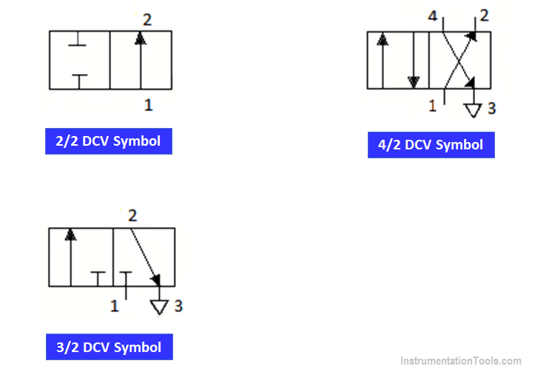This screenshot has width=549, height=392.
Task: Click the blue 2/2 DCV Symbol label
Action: click(x=109, y=141)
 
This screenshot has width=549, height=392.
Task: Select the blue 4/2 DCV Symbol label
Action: click(x=431, y=145)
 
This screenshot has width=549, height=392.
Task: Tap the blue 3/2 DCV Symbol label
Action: click(x=110, y=347)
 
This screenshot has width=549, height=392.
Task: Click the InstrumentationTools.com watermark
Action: click(x=461, y=361)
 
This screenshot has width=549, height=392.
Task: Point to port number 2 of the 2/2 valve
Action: click(x=147, y=20)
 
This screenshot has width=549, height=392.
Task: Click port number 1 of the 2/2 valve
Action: click(x=149, y=105)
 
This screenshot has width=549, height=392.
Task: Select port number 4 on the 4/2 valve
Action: click(x=433, y=16)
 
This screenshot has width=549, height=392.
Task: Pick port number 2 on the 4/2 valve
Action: click(x=484, y=16)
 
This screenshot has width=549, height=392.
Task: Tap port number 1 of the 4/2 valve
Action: click(x=433, y=106)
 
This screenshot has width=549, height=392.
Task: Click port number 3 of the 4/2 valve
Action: click(x=492, y=109)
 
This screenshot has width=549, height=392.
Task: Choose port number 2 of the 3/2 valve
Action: click(x=132, y=216)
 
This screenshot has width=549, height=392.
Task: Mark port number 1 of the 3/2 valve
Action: click(x=115, y=306)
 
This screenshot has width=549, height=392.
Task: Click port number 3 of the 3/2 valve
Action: click(x=178, y=306)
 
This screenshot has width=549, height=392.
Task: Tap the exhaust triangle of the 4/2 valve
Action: click(x=473, y=110)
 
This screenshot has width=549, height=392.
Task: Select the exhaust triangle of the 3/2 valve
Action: click(x=160, y=307)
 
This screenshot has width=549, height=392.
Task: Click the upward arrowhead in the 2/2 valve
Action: click(x=141, y=38)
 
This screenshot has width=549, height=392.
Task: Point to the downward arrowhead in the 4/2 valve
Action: click(x=414, y=82)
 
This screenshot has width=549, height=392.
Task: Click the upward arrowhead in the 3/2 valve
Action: click(x=70, y=234)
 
